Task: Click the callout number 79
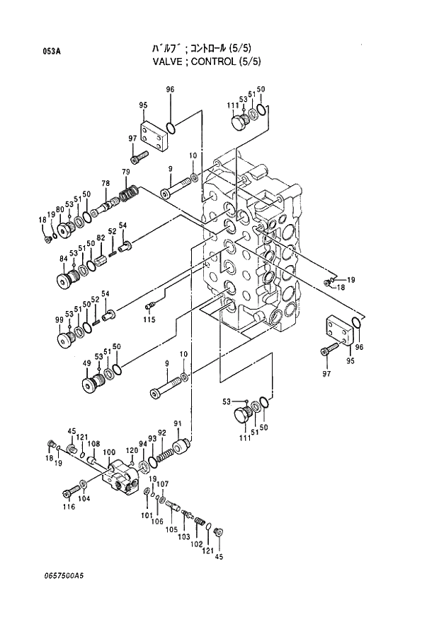pos(125,172)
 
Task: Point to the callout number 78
pos(106,184)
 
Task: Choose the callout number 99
pos(59,320)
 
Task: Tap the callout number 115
pos(149,320)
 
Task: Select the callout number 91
pos(178,424)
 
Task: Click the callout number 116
pos(68,507)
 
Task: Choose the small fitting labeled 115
pos(149,306)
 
